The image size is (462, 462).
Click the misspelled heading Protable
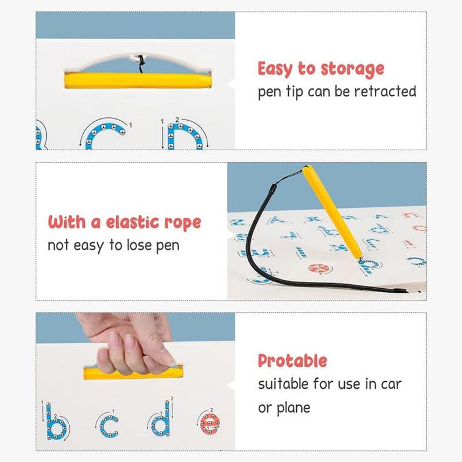click(x=292, y=362)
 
